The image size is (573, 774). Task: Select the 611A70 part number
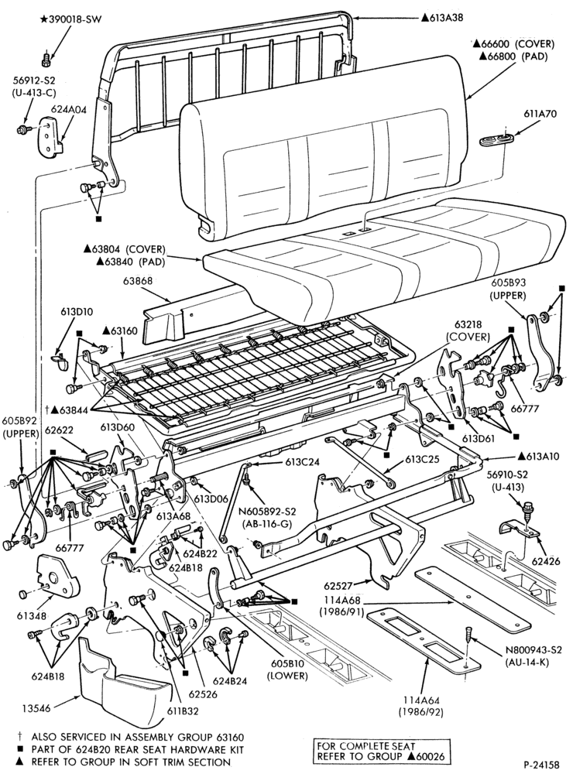click(540, 114)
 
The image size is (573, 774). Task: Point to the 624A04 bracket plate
click(49, 138)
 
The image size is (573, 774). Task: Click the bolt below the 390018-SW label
click(46, 60)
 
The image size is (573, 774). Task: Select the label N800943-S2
click(534, 650)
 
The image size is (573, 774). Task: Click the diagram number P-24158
click(541, 765)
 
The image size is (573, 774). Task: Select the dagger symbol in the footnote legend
click(20, 737)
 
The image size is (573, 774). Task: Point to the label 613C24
click(302, 463)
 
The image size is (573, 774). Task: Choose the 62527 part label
click(338, 587)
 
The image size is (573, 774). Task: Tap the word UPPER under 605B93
click(508, 295)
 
